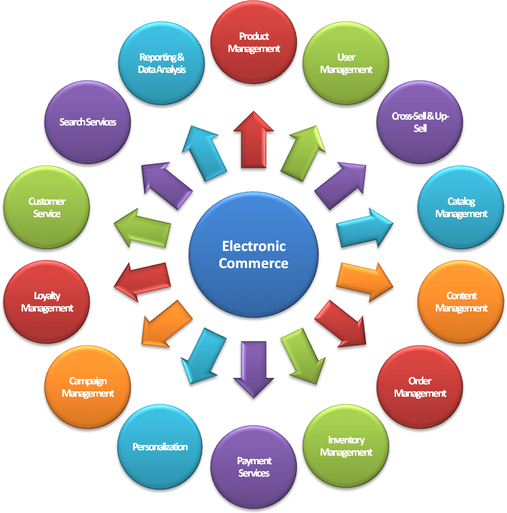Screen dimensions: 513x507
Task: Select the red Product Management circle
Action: click(253, 43)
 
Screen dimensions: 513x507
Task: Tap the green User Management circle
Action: click(346, 63)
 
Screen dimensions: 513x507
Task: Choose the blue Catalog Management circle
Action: click(461, 207)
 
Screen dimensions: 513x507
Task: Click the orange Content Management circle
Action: click(461, 302)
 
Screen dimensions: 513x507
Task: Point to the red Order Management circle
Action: click(420, 387)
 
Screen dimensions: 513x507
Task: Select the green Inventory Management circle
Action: click(346, 446)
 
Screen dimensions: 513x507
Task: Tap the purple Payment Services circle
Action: click(253, 467)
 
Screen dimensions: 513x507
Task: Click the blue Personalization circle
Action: click(160, 447)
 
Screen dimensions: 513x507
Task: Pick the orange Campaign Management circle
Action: click(88, 387)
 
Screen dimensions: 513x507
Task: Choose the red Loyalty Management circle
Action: click(47, 302)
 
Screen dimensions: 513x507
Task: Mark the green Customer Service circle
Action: click(47, 207)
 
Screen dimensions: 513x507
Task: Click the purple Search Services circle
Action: click(88, 122)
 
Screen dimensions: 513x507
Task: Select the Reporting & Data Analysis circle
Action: click(161, 63)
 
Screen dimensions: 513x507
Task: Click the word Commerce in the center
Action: click(253, 263)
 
